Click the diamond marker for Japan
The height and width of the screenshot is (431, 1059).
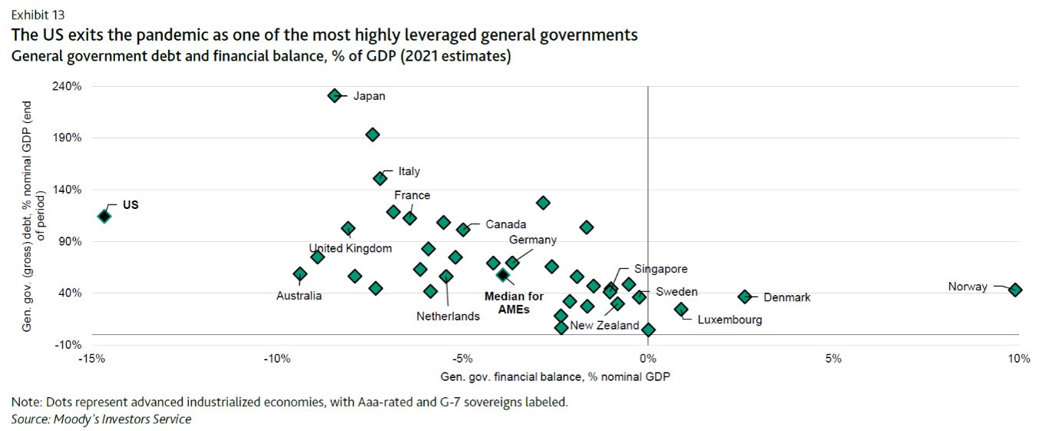tap(334, 95)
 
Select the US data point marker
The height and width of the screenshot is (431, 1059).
tap(104, 216)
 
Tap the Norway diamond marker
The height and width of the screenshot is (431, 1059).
tap(1015, 290)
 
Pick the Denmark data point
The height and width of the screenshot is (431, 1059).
tap(744, 297)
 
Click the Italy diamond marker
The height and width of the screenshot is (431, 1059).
tap(380, 178)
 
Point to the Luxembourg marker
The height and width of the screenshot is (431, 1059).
tap(680, 309)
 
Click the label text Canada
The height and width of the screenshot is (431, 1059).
tap(505, 224)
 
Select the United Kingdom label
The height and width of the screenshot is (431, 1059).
tap(350, 248)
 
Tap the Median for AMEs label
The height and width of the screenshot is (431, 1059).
tap(514, 302)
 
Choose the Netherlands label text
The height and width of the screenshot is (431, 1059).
tap(448, 316)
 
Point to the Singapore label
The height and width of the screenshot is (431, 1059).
tap(660, 269)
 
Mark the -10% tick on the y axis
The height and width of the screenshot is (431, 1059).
tap(68, 344)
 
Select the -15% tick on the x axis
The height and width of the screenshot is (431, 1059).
tap(92, 360)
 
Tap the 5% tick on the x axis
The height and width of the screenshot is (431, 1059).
tap(833, 360)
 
